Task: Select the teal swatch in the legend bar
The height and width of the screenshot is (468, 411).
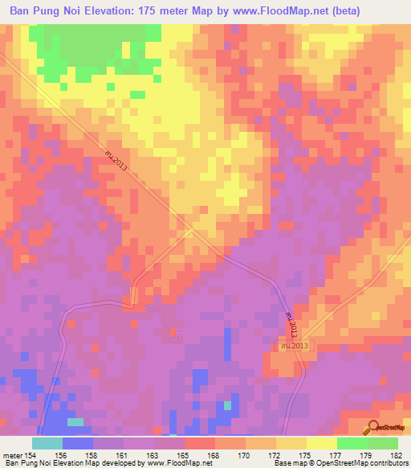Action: click(47, 443)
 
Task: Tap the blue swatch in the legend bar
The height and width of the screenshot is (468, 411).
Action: click(78, 443)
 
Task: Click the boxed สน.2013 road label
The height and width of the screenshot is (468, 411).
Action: click(295, 345)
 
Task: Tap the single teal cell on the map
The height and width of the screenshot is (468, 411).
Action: click(75, 421)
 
